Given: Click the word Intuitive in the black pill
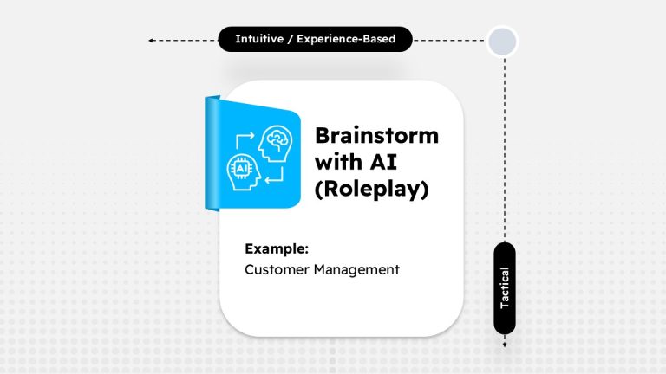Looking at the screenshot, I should pyautogui.click(x=261, y=39).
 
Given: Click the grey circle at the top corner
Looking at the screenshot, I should pyautogui.click(x=503, y=40).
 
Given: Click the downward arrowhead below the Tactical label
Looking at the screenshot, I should pyautogui.click(x=504, y=345).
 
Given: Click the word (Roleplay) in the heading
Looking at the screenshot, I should pyautogui.click(x=371, y=189).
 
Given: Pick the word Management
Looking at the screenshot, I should pyautogui.click(x=356, y=269).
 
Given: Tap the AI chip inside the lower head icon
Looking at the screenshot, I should pyautogui.click(x=239, y=170).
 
